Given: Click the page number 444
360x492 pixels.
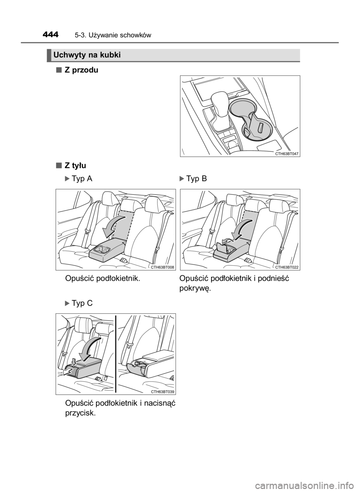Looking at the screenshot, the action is pyautogui.click(x=51, y=35).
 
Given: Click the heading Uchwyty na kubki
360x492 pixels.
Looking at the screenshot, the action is pyautogui.click(x=87, y=55).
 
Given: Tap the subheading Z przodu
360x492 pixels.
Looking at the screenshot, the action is pyautogui.click(x=81, y=70).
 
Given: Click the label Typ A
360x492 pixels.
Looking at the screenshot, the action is pyautogui.click(x=82, y=179).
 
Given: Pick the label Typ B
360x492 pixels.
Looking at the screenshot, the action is pyautogui.click(x=196, y=179).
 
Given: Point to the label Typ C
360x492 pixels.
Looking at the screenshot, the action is pyautogui.click(x=82, y=303).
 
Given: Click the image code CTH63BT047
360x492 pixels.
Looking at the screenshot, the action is pyautogui.click(x=286, y=154).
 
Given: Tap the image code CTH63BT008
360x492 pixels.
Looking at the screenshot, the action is pyautogui.click(x=162, y=267).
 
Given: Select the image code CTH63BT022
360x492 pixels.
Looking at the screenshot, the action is pyautogui.click(x=286, y=267).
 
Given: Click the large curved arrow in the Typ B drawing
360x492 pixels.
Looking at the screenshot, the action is pyautogui.click(x=242, y=229).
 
